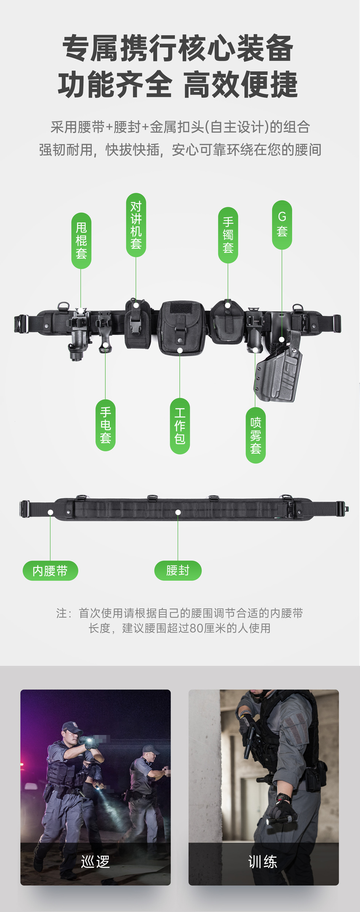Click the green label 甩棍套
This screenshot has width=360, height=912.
[81, 241]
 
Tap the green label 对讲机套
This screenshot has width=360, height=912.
[136, 225]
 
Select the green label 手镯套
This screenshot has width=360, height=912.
[228, 235]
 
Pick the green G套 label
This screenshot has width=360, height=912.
[282, 225]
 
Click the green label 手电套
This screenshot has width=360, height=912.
[105, 425]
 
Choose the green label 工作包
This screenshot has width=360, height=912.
[180, 426]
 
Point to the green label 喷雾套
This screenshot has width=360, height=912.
[256, 435]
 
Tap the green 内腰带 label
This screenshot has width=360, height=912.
[50, 570]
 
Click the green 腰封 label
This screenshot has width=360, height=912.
[178, 570]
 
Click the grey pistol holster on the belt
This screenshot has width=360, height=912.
[278, 372]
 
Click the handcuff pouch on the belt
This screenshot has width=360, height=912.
[227, 322]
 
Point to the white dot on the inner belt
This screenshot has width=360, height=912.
[50, 512]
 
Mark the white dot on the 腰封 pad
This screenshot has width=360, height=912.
[178, 512]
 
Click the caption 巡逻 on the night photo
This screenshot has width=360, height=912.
[95, 861]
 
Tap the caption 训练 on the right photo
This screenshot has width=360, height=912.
[263, 861]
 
